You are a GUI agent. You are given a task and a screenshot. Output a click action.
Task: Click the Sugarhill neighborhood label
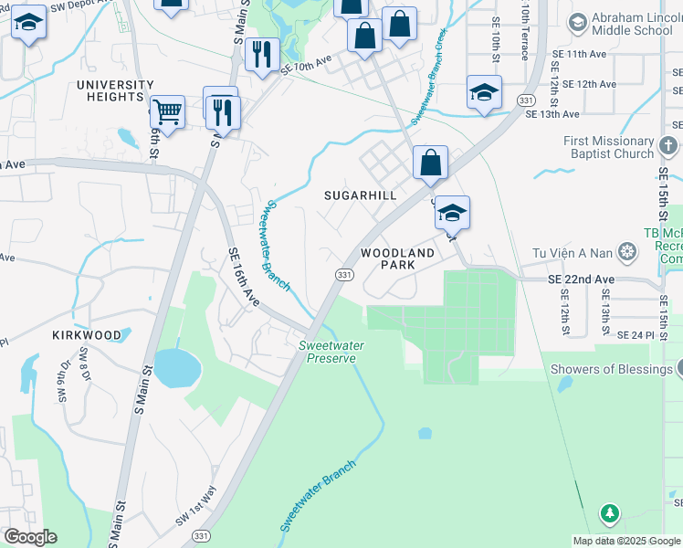pyautogui.click(x=362, y=195)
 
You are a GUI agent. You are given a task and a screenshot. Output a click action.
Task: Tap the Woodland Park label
pyautogui.click(x=397, y=258)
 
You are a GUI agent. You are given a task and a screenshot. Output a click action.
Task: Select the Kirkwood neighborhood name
pyautogui.click(x=88, y=335)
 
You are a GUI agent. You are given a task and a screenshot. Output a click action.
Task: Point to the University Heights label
pyautogui.click(x=115, y=90)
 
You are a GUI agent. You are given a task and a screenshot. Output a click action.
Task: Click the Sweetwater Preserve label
pyautogui.click(x=328, y=352)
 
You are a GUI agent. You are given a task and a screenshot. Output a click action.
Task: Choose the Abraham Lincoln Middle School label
pyautogui.click(x=632, y=25)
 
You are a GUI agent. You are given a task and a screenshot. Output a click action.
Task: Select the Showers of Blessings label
pyautogui.click(x=611, y=369)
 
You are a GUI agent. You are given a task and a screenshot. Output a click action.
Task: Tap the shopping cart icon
pyautogui.click(x=167, y=112)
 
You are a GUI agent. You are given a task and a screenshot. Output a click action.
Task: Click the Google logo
pyautogui.click(x=30, y=536)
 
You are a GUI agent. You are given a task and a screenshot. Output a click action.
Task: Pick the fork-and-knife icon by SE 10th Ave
pyautogui.click(x=262, y=53)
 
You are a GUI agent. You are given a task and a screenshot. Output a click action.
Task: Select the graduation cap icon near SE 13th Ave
pyautogui.click(x=484, y=91)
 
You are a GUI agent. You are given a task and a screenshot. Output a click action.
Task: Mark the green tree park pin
pyautogui.click(x=609, y=514)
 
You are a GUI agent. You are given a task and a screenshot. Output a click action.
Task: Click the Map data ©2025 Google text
pyautogui.click(x=626, y=541)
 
